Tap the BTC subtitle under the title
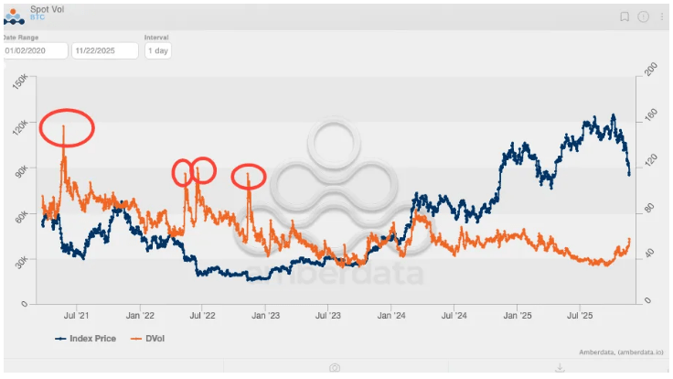[x=37, y=17]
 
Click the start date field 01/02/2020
[x=35, y=51]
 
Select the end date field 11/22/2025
[x=104, y=51]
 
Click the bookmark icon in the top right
[x=625, y=16]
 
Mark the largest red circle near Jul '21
[x=67, y=127]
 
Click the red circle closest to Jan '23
[x=248, y=176]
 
